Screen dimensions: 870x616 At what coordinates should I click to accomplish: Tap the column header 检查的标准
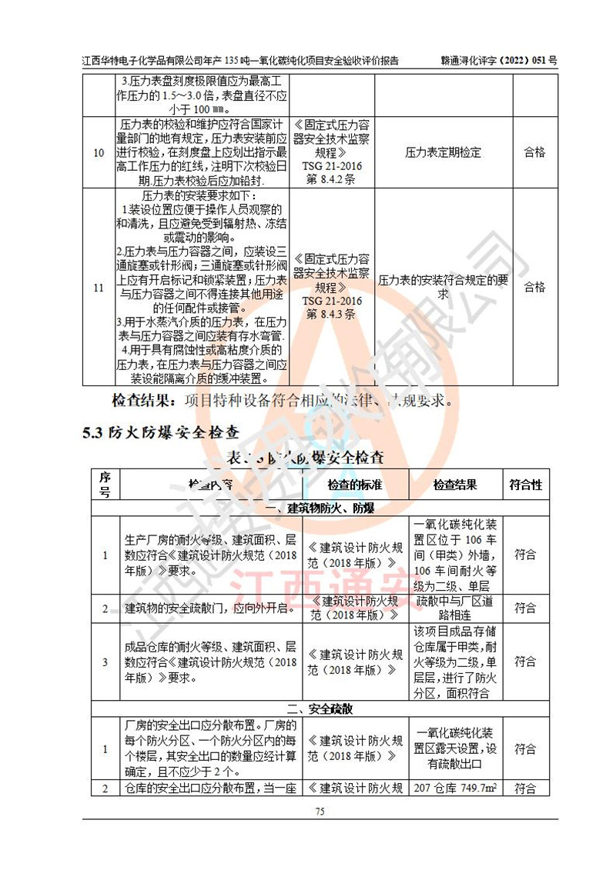(355, 485)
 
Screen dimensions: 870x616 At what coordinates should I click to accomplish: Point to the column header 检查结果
(454, 485)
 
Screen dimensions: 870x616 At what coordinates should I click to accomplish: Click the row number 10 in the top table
(99, 152)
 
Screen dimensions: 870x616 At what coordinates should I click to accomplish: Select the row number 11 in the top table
(99, 288)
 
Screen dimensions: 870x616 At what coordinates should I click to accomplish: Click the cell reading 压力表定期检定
(443, 152)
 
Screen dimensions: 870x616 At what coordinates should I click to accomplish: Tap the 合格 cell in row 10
(534, 152)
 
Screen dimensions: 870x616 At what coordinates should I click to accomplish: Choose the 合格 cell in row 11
(534, 288)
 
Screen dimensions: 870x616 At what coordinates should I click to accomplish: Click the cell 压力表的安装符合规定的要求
(443, 288)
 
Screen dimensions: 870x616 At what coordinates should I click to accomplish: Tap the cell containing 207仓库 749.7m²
(454, 787)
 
